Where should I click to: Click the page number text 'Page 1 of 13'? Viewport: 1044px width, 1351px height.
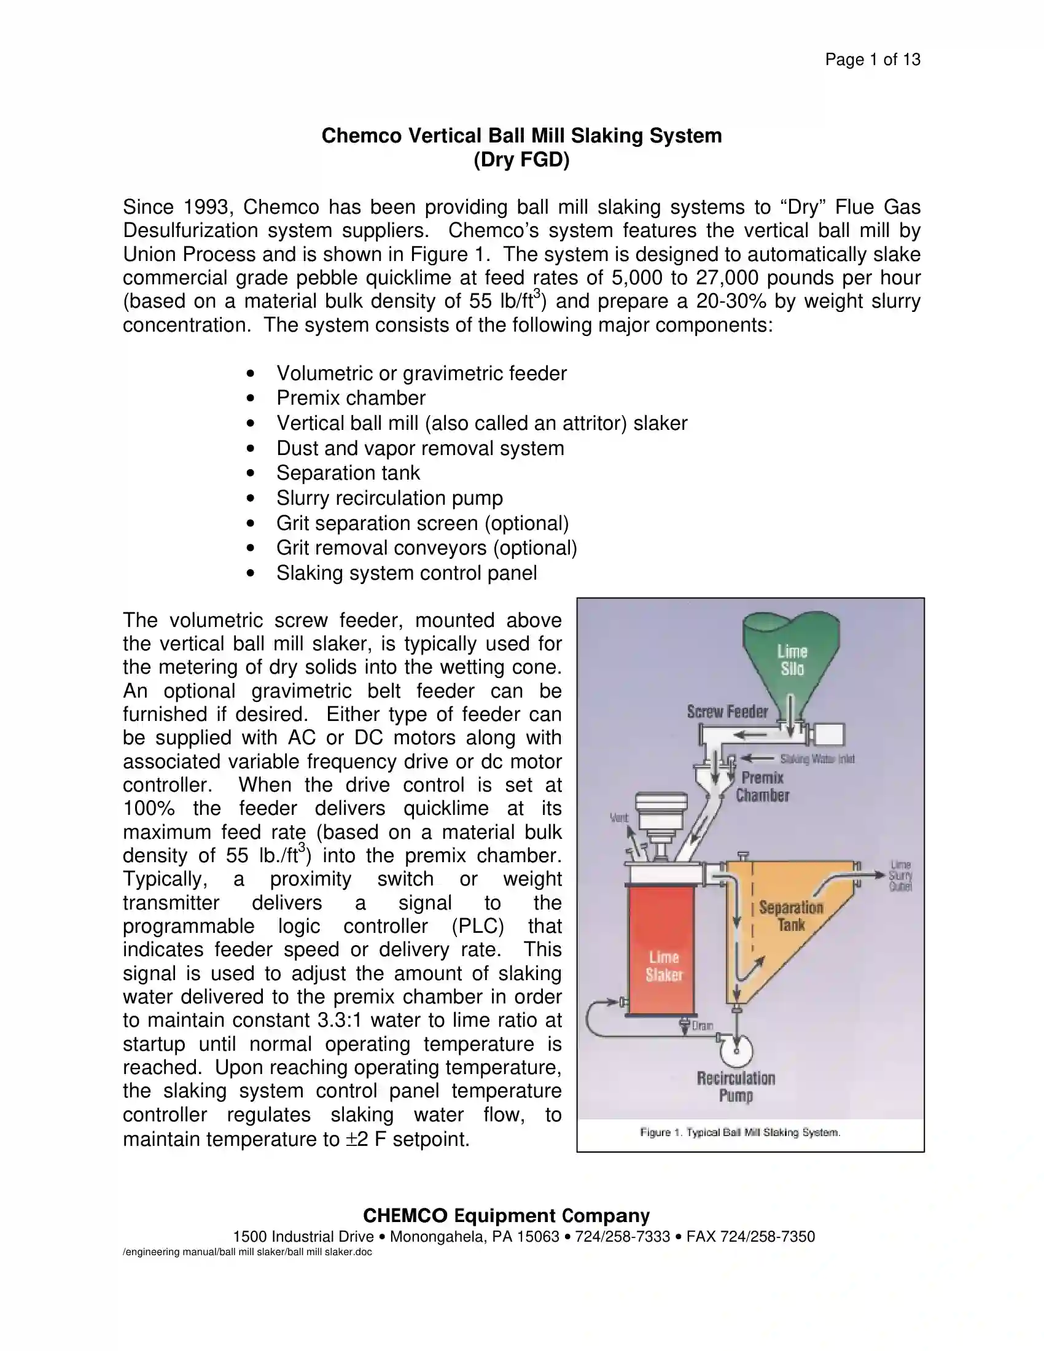pos(872,60)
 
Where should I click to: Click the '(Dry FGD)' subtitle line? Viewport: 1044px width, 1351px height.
pos(521,160)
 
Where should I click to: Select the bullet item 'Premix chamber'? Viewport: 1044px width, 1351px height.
pos(351,398)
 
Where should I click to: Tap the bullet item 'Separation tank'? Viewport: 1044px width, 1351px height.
pos(348,473)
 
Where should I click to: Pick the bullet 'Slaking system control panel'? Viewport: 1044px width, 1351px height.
pos(407,574)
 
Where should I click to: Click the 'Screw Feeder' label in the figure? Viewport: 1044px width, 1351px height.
pos(727,712)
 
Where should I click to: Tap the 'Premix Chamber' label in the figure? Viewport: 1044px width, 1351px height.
pos(762,787)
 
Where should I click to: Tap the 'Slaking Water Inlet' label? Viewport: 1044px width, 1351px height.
pos(816,759)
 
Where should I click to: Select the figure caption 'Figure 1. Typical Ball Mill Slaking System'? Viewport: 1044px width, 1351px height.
pos(740,1132)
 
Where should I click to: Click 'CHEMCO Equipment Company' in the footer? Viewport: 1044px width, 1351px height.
pos(506,1215)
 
